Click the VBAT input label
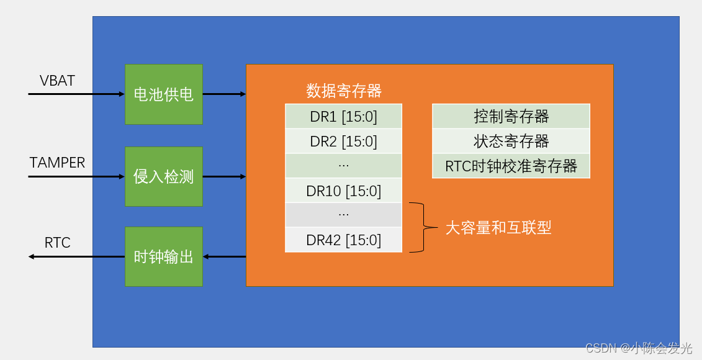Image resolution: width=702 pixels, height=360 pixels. tap(57, 81)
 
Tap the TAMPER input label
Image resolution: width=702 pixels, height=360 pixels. tap(57, 163)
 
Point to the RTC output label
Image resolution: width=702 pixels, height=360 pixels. tap(57, 243)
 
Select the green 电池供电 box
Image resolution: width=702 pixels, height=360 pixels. tap(164, 94)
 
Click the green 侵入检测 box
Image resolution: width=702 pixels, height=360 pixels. tap(164, 177)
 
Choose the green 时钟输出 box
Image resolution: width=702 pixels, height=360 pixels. tap(164, 256)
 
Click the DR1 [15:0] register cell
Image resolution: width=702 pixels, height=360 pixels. tap(343, 117)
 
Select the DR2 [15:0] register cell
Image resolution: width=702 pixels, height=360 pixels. tap(343, 142)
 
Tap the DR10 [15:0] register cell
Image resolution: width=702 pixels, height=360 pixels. tap(343, 191)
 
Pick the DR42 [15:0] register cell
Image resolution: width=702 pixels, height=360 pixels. tap(343, 240)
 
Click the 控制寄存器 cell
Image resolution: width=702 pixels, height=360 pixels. tap(511, 116)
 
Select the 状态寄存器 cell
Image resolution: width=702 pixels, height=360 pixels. tap(511, 141)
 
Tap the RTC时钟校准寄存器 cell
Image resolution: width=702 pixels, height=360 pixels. tap(511, 166)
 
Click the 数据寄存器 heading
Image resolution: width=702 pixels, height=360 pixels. tap(344, 91)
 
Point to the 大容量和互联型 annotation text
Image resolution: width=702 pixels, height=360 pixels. tap(498, 228)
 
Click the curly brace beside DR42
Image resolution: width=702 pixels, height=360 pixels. tap(420, 227)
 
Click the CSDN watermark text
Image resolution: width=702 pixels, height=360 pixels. tap(639, 348)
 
